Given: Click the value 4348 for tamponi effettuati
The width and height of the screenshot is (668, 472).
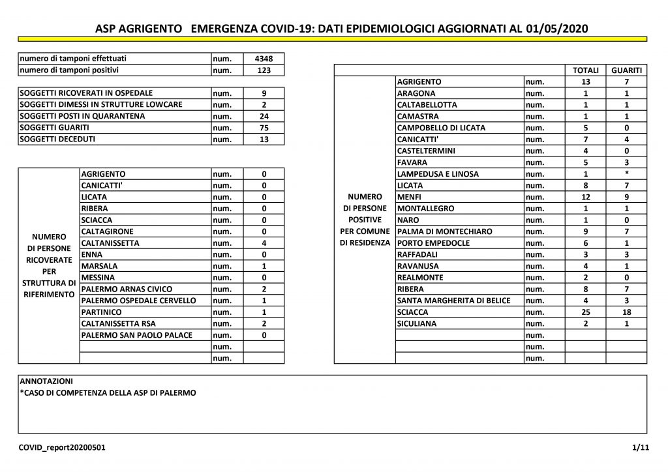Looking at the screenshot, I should pyautogui.click(x=264, y=59).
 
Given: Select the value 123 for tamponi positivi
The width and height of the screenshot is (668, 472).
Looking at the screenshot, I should pyautogui.click(x=264, y=70).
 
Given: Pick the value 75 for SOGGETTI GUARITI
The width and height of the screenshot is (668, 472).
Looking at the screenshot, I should pyautogui.click(x=264, y=128).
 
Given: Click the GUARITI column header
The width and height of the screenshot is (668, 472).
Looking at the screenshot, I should pyautogui.click(x=626, y=70).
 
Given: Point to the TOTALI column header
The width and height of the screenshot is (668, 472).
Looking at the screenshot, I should pyautogui.click(x=585, y=70).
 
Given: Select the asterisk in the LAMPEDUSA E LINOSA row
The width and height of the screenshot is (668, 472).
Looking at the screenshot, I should pyautogui.click(x=626, y=174).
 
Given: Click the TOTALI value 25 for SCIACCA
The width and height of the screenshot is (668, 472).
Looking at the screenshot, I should pyautogui.click(x=585, y=312).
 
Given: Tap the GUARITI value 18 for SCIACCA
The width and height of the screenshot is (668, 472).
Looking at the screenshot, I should pyautogui.click(x=626, y=312).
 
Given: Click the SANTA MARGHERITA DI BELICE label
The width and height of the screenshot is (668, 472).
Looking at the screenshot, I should pyautogui.click(x=454, y=301).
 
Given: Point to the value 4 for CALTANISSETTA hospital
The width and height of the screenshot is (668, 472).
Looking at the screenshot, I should pyautogui.click(x=264, y=243).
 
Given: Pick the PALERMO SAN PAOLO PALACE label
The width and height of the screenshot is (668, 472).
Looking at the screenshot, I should pyautogui.click(x=137, y=335).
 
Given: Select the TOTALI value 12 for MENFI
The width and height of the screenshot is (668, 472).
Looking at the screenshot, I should pyautogui.click(x=585, y=197).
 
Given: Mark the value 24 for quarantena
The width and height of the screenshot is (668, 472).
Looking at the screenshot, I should pyautogui.click(x=264, y=116).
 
